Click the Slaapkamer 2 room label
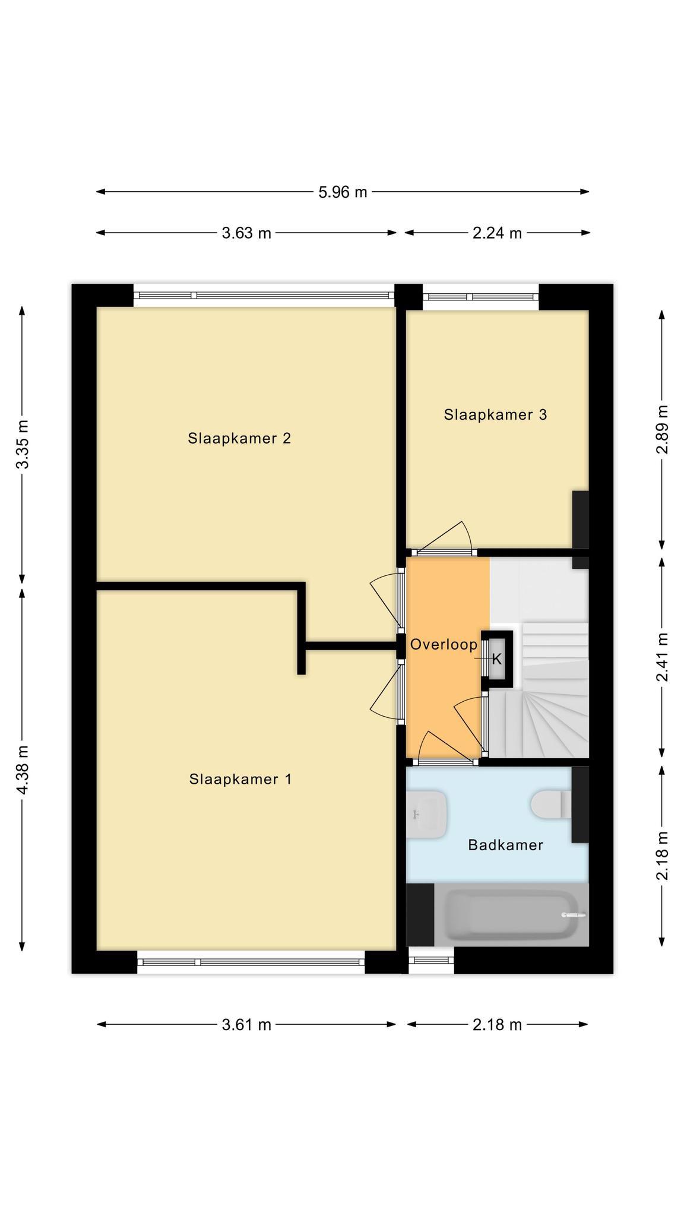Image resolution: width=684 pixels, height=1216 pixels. (x=239, y=438)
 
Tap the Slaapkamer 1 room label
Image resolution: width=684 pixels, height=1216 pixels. (x=240, y=779)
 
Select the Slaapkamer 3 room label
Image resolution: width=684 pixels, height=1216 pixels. (x=495, y=414)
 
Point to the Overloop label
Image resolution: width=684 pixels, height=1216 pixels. (x=444, y=644)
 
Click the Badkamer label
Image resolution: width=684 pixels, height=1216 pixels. (x=505, y=845)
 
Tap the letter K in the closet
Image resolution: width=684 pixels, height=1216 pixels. (x=497, y=659)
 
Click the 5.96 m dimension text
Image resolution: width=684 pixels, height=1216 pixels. (x=343, y=192)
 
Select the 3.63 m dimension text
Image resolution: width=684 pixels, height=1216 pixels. (x=246, y=233)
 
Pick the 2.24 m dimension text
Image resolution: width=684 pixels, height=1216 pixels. (x=497, y=233)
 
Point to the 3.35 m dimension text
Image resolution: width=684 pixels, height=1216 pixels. (x=23, y=444)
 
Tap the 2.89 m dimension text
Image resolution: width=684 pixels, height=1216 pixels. (x=662, y=429)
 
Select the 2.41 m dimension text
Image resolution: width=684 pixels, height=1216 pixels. (x=662, y=657)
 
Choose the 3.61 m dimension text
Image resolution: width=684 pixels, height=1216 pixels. (x=246, y=1024)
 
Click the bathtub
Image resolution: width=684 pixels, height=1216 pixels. (x=511, y=915)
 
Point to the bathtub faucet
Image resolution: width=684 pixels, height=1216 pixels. (x=573, y=915)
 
